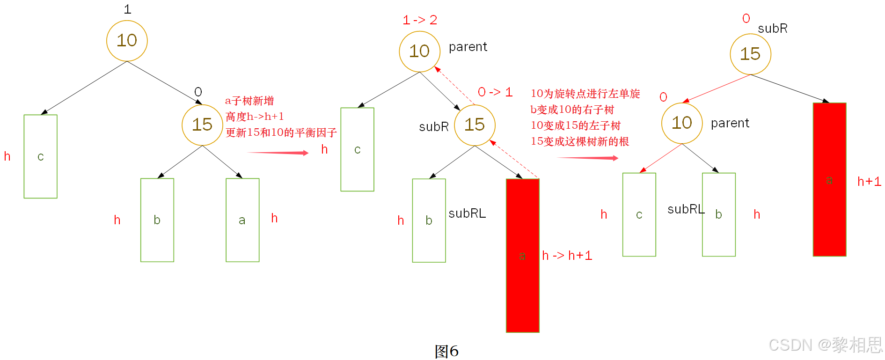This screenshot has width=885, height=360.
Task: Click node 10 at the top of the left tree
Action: point(127,41)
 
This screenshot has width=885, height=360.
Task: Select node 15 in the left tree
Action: point(202,125)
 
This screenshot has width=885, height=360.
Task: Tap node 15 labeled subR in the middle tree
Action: point(475,125)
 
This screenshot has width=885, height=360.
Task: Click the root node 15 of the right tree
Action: point(750,54)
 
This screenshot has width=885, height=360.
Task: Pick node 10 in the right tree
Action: point(682,123)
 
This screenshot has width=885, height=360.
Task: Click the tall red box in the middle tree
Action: point(522,255)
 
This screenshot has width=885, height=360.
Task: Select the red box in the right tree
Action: point(829,179)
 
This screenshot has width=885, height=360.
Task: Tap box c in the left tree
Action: point(41,156)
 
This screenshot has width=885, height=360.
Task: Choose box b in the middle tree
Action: point(429,220)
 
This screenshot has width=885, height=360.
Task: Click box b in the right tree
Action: point(718,214)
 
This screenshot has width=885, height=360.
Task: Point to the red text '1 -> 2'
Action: point(420,20)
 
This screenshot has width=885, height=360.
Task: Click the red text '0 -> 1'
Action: point(495,92)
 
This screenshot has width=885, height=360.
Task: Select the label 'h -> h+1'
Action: point(567,256)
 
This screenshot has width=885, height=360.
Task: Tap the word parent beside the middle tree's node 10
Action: point(468,47)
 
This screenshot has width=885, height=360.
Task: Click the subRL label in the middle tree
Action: point(467,213)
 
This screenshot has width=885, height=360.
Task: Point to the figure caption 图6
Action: point(446,351)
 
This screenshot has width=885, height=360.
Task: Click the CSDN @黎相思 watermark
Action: point(826,345)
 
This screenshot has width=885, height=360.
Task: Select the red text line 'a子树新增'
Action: point(249,101)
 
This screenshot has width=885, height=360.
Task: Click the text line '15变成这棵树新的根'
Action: point(579,141)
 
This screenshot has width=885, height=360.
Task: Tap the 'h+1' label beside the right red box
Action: point(869,182)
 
